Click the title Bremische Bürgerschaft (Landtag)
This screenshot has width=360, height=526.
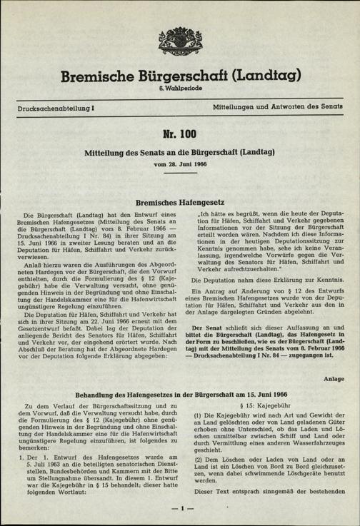[x=179, y=71]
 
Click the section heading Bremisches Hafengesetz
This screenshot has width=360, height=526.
[x=179, y=202]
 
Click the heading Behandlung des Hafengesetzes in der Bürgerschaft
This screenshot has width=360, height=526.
[x=179, y=393]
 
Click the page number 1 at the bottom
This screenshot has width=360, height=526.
[x=179, y=510]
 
